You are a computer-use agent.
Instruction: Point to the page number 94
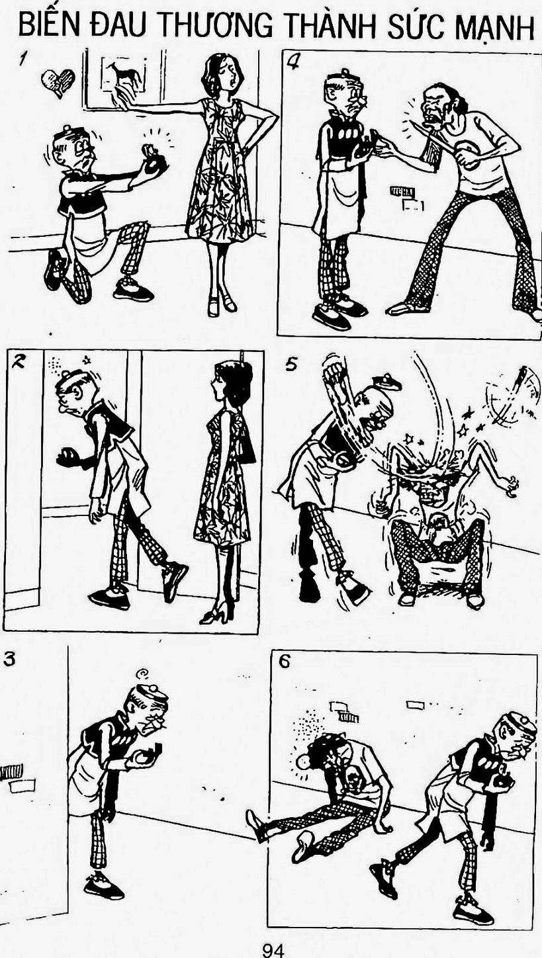[273, 950]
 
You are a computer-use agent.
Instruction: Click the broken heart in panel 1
[58, 81]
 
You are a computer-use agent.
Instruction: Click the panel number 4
[293, 64]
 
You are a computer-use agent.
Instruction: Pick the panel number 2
[19, 363]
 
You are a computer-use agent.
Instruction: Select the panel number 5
[291, 365]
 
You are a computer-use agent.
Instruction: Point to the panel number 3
[9, 659]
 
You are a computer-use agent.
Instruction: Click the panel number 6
[284, 662]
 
